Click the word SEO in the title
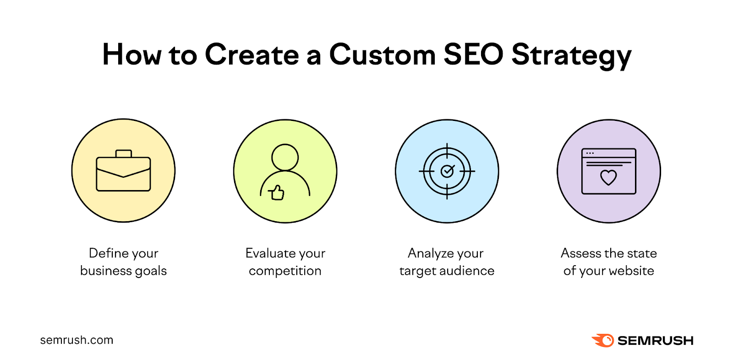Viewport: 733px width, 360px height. tap(473, 55)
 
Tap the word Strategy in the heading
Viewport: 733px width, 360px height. tap(571, 56)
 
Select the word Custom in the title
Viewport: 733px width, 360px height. tap(382, 55)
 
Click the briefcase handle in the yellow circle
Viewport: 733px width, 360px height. tap(124, 153)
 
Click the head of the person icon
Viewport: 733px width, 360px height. tap(285, 158)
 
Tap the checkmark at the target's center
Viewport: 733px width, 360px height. tap(447, 171)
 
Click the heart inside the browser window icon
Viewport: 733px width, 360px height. tap(608, 177)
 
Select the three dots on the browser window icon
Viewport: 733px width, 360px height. tap(590, 153)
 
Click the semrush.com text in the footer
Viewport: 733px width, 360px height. tap(77, 340)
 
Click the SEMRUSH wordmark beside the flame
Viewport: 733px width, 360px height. tap(655, 341)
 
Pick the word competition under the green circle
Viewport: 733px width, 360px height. tap(285, 271)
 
